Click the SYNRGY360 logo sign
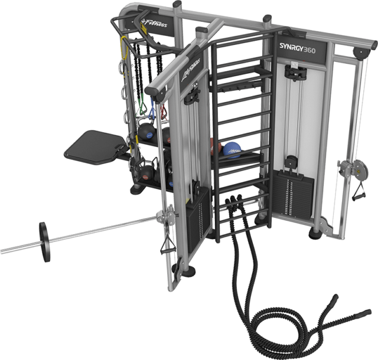click(x=297, y=48)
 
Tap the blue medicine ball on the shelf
click(x=232, y=150)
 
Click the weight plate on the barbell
click(x=45, y=242)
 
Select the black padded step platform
click(x=94, y=147)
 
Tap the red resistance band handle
click(x=164, y=112)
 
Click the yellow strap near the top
click(x=125, y=48)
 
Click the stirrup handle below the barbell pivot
click(x=167, y=244)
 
